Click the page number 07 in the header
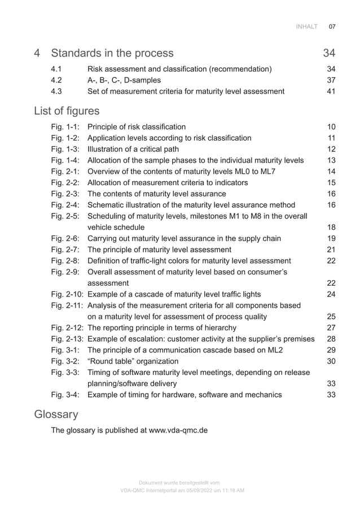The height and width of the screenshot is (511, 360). pyautogui.click(x=332, y=27)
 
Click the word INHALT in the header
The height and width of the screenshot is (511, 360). pyautogui.click(x=307, y=27)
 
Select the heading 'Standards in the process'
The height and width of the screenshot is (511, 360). pyautogui.click(x=112, y=54)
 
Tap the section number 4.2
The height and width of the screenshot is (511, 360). pyautogui.click(x=57, y=80)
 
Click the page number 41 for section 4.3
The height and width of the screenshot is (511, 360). pyautogui.click(x=331, y=91)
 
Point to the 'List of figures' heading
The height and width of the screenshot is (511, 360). pyautogui.click(x=67, y=110)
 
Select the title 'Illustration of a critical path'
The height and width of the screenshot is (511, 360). pyautogui.click(x=133, y=149)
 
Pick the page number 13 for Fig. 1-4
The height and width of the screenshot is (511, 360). pyautogui.click(x=331, y=160)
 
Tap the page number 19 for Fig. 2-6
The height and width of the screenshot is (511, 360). pyautogui.click(x=331, y=238)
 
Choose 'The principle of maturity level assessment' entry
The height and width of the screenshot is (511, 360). pyautogui.click(x=159, y=250)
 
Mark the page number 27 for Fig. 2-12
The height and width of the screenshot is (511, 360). pyautogui.click(x=331, y=327)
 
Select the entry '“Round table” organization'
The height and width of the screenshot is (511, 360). pyautogui.click(x=133, y=361)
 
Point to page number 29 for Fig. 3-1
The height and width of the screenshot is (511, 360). pyautogui.click(x=331, y=350)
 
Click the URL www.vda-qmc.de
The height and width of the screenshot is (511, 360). pyautogui.click(x=178, y=430)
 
